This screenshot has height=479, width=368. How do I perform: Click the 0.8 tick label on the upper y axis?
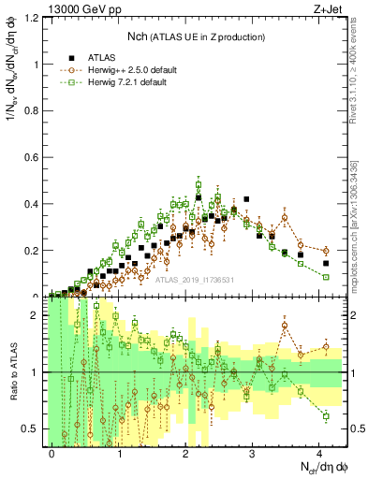pyautogui.click(x=36, y=110)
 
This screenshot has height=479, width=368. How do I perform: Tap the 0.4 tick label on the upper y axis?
pyautogui.click(x=36, y=204)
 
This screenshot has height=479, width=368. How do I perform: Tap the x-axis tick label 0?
pyautogui.click(x=52, y=452)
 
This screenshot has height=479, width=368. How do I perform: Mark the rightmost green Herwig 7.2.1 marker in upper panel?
pyautogui.click(x=326, y=277)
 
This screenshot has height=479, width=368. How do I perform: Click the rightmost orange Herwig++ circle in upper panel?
pyautogui.click(x=326, y=251)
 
